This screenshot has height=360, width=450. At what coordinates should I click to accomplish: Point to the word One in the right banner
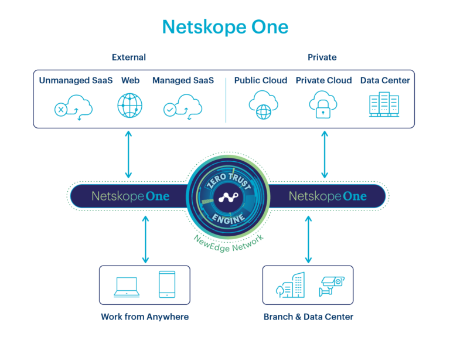coord(354,196)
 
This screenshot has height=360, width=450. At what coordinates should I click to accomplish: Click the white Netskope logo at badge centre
coord(227,198)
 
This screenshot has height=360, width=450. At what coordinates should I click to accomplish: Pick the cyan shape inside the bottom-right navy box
coord(315,287)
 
